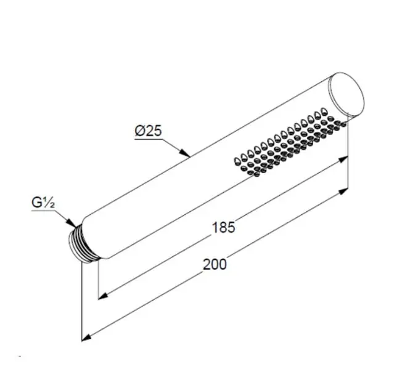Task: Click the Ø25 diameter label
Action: (148, 131)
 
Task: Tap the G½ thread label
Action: (43, 202)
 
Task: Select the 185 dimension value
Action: (223, 227)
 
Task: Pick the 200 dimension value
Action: (215, 264)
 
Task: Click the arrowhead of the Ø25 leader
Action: (185, 153)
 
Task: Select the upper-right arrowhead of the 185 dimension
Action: (343, 159)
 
